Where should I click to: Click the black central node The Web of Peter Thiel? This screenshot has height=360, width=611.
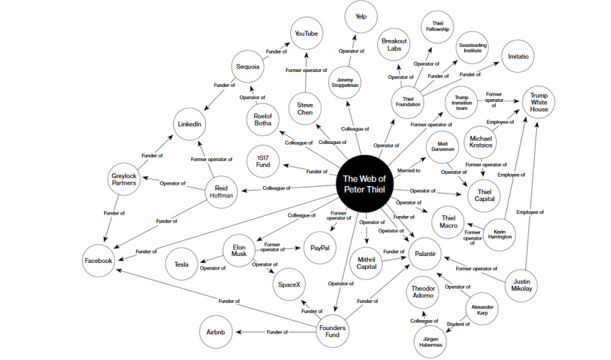(x=364, y=183)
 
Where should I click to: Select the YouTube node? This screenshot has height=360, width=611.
(x=305, y=33)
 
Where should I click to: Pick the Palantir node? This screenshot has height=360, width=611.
(x=425, y=255)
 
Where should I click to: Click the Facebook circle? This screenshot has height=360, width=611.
(x=98, y=260)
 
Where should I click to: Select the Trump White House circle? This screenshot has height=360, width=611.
(x=539, y=103)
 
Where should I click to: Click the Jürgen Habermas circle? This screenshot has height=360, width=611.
(x=430, y=340)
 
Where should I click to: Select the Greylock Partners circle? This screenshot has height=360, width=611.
(x=124, y=180)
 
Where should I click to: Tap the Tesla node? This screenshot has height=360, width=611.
(x=181, y=264)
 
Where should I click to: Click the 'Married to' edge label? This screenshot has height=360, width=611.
(x=408, y=170)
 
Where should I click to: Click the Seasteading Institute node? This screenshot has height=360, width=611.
(x=473, y=46)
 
